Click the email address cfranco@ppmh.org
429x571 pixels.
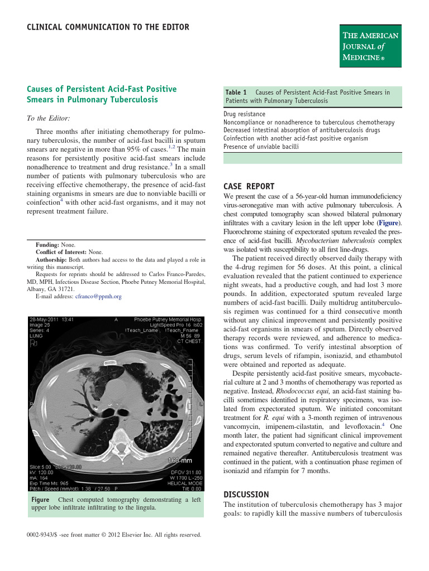click(98, 297)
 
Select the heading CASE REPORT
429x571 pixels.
click(248, 187)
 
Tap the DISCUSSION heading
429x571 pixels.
click(246, 495)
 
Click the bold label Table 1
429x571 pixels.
click(236, 92)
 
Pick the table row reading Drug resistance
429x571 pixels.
click(244, 114)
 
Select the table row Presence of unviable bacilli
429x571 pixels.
click(261, 147)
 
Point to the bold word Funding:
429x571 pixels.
click(47, 245)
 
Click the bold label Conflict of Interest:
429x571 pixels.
click(61, 252)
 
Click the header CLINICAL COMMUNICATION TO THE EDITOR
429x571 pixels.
click(108, 27)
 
